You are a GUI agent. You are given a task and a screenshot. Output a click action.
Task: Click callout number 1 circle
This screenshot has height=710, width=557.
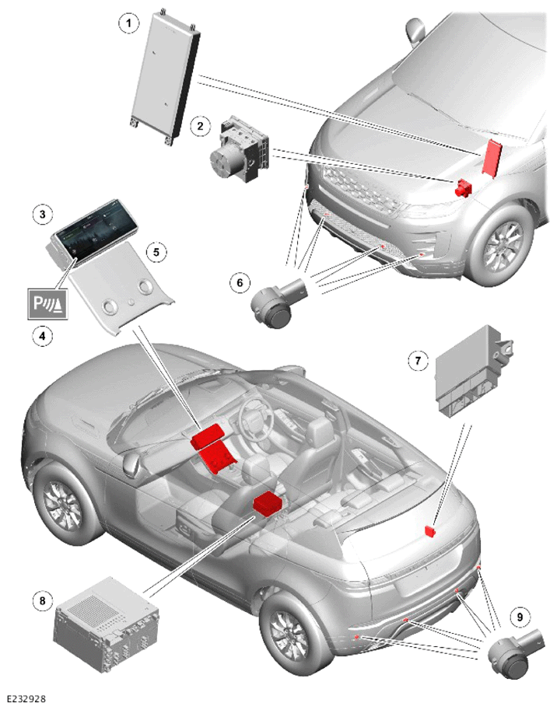click(x=128, y=23)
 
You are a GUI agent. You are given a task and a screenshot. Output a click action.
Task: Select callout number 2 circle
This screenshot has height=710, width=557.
click(x=200, y=125)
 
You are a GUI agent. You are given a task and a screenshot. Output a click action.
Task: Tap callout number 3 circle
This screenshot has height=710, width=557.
click(x=43, y=213)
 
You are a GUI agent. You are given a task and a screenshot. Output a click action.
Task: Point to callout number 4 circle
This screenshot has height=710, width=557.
click(x=43, y=336)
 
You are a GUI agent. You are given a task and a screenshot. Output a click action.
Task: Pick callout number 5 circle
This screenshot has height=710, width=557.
click(x=156, y=252)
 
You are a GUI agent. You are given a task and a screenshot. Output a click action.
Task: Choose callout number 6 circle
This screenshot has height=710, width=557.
click(x=240, y=282)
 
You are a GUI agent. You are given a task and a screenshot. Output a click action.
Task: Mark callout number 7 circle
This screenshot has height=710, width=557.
click(x=418, y=360)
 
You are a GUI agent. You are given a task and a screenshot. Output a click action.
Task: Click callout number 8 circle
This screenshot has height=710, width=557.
click(x=43, y=601)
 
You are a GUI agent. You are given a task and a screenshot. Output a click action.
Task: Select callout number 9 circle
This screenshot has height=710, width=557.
click(x=520, y=616)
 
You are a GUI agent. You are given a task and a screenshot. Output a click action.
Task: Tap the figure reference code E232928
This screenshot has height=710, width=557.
click(x=26, y=700)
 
